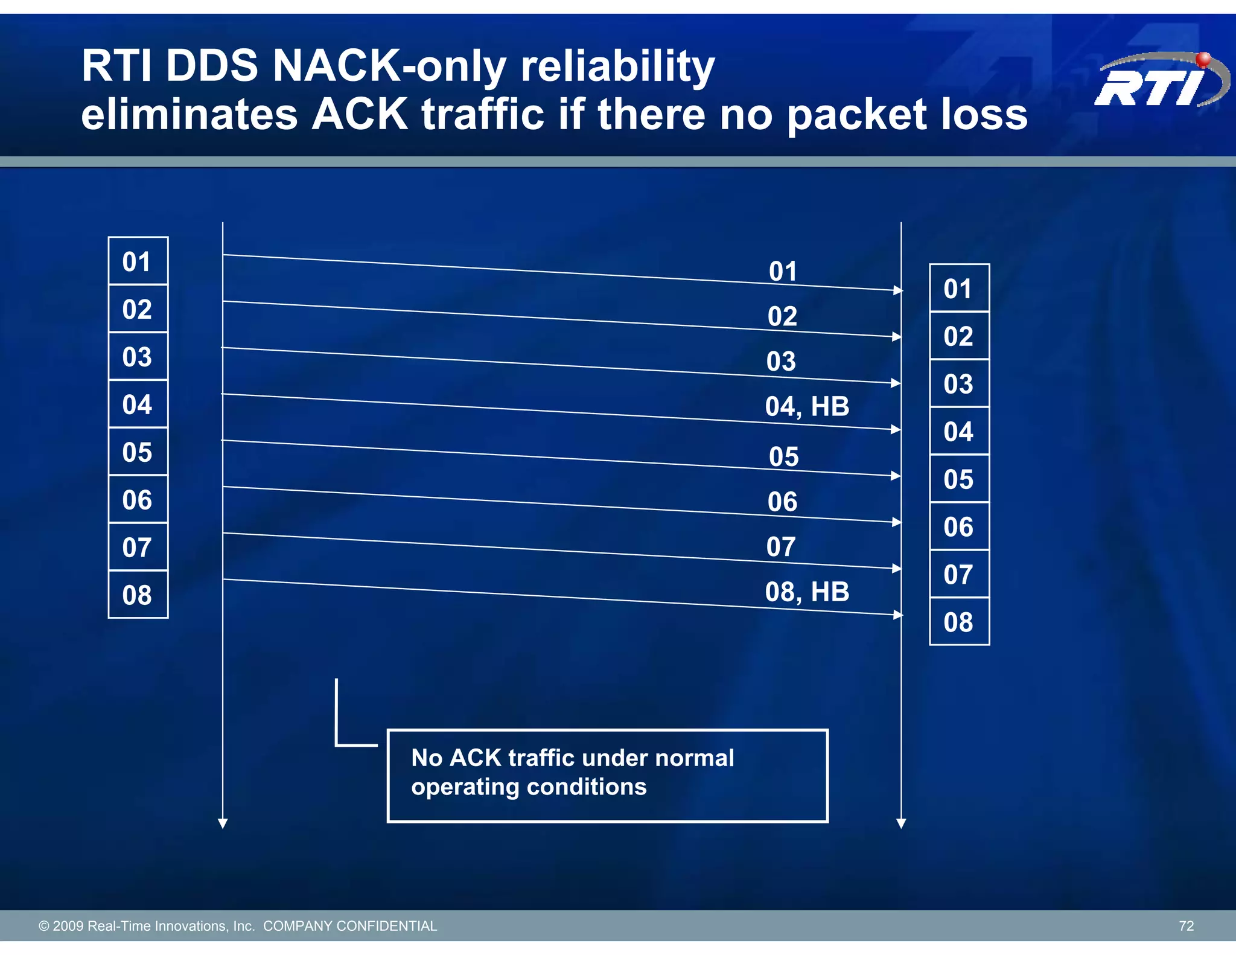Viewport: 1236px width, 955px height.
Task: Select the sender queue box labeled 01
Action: pyautogui.click(x=138, y=261)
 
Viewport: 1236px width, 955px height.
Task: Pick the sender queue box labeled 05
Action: pyautogui.click(x=138, y=452)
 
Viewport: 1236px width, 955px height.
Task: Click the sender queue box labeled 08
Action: pyautogui.click(x=138, y=595)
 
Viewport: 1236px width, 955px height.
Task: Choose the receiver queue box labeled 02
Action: pyautogui.click(x=958, y=336)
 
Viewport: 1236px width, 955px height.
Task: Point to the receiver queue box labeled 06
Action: pyautogui.click(x=958, y=527)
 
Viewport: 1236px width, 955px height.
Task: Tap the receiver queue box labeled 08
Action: pyautogui.click(x=958, y=622)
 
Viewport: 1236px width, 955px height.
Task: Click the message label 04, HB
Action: pyautogui.click(x=807, y=407)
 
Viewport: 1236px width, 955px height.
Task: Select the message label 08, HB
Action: pyautogui.click(x=807, y=592)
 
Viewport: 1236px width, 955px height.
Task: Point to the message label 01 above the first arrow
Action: pyautogui.click(x=783, y=272)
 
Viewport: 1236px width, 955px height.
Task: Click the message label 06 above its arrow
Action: pyautogui.click(x=783, y=502)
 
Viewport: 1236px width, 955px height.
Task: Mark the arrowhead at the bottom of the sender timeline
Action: pyautogui.click(x=223, y=823)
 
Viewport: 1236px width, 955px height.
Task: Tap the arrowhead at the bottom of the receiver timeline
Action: pyautogui.click(x=901, y=823)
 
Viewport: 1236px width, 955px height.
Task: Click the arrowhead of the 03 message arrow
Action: pyautogui.click(x=896, y=383)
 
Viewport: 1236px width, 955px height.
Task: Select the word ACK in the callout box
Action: pyautogui.click(x=476, y=758)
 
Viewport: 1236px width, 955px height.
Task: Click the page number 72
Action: pyautogui.click(x=1186, y=926)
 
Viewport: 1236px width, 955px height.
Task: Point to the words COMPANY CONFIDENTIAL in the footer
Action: pyautogui.click(x=350, y=926)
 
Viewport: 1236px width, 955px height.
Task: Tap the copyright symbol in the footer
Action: pyautogui.click(x=43, y=926)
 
